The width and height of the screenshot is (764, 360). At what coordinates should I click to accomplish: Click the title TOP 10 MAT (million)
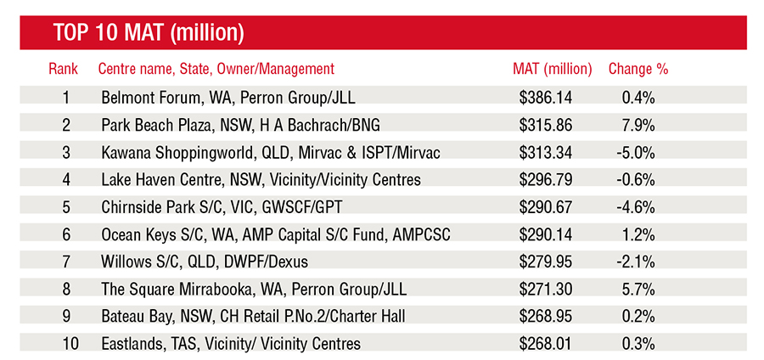click(x=149, y=34)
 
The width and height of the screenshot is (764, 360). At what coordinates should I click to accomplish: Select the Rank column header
click(x=65, y=70)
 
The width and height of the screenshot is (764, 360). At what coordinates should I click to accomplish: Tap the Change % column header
click(x=638, y=70)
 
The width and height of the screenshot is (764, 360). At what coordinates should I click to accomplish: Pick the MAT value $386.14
click(x=546, y=97)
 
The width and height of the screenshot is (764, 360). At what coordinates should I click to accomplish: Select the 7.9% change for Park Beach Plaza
click(x=638, y=125)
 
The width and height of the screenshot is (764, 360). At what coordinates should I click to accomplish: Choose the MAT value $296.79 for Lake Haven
click(x=546, y=179)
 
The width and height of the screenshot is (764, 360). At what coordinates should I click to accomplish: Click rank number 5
click(x=66, y=207)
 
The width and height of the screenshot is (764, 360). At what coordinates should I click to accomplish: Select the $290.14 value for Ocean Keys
click(x=546, y=234)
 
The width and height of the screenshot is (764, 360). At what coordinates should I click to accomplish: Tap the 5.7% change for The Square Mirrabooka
click(x=638, y=290)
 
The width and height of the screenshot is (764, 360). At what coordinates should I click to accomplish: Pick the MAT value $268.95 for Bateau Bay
click(x=546, y=317)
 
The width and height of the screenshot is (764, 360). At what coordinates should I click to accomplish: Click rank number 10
click(x=66, y=344)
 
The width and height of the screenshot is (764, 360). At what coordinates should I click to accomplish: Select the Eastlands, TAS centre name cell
click(x=230, y=344)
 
